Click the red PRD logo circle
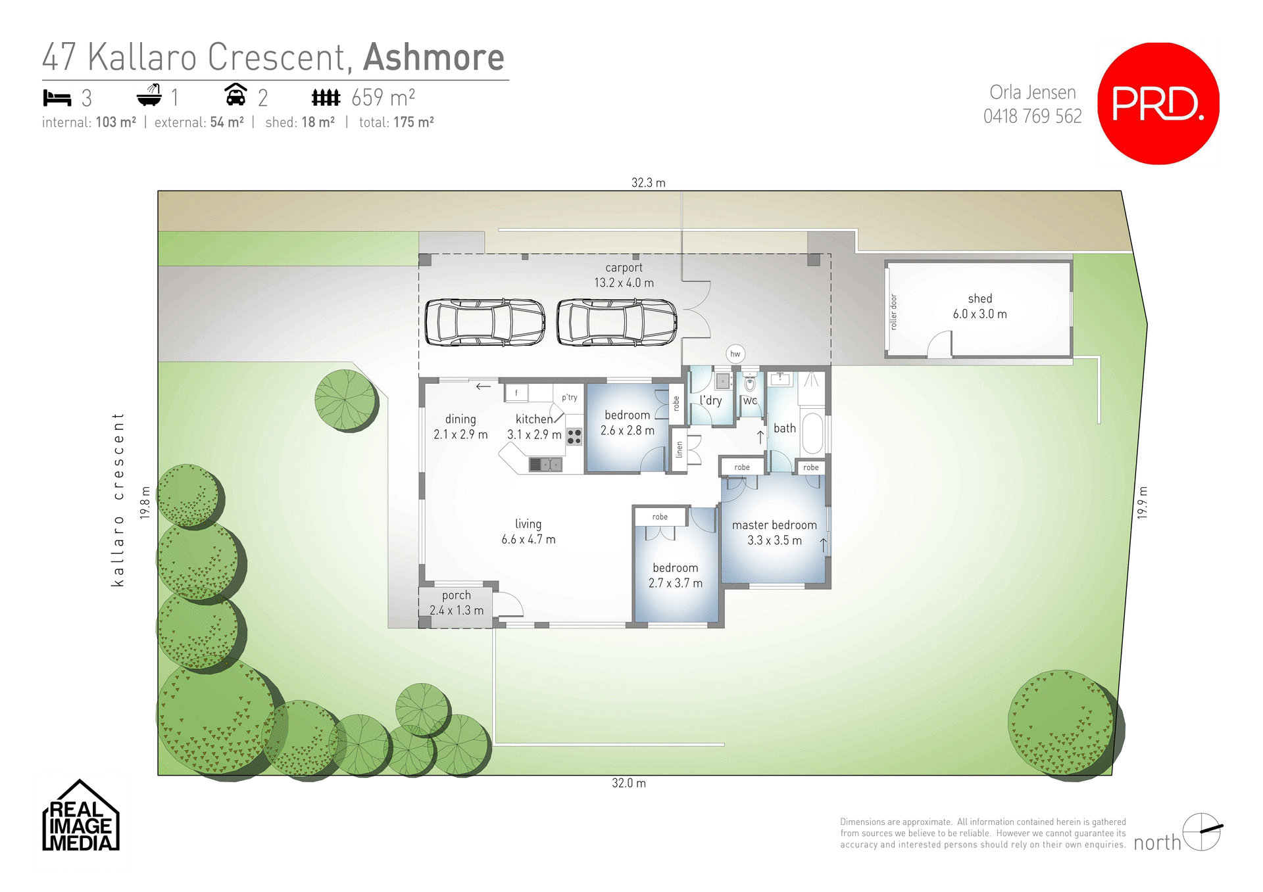[x=1158, y=103]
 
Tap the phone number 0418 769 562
[x=1032, y=116]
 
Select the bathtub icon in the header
[x=149, y=96]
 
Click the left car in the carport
[x=485, y=322]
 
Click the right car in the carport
[x=616, y=322]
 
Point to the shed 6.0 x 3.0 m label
[x=979, y=306]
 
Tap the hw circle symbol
[x=735, y=354]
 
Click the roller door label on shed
[x=893, y=312]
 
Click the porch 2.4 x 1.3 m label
[x=457, y=603]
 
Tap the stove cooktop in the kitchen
[x=574, y=436]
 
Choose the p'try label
[x=570, y=397]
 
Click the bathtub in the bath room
[x=812, y=433]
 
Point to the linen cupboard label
[x=680, y=450]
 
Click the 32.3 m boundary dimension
[x=648, y=183]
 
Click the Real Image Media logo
[x=80, y=816]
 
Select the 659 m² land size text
[x=383, y=98]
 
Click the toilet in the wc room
[x=750, y=384]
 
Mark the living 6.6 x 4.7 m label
[x=528, y=531]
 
